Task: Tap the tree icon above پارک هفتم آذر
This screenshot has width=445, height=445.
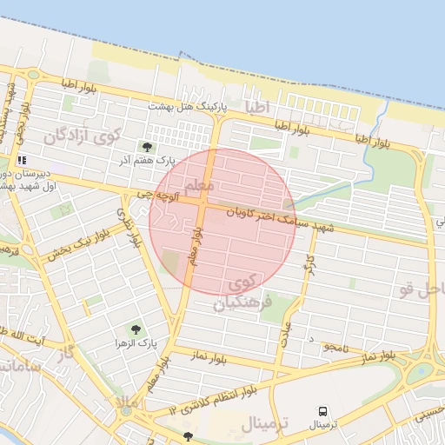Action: coord(146,146)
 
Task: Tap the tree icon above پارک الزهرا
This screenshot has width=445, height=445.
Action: coord(134,329)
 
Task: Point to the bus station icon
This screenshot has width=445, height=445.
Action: coord(323,409)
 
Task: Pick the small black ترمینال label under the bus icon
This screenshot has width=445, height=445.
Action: coord(323,425)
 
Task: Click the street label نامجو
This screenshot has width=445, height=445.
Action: coord(335,347)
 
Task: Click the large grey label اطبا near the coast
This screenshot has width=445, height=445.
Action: coord(259,108)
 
